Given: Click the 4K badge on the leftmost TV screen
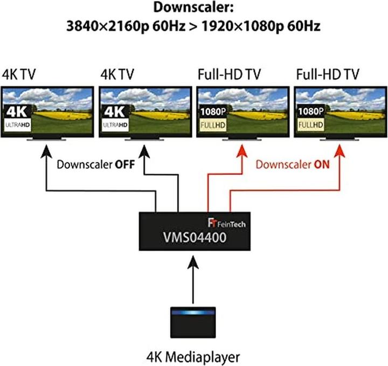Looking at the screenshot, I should (x=17, y=112).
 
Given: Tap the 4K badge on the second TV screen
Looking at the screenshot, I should (x=115, y=112).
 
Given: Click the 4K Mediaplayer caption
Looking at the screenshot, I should (x=193, y=356).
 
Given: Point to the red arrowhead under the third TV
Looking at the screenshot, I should (x=237, y=153).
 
